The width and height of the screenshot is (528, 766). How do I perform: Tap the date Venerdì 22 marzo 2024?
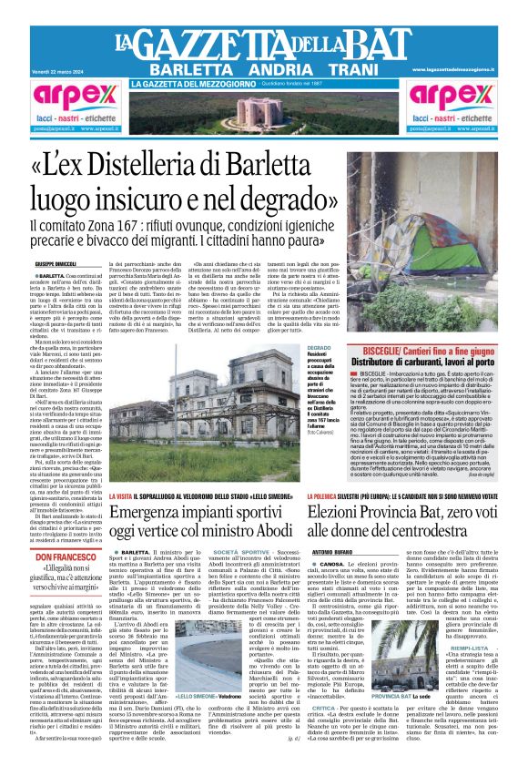pos(59,69)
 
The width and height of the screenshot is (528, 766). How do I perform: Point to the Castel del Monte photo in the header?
pos(263,112)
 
